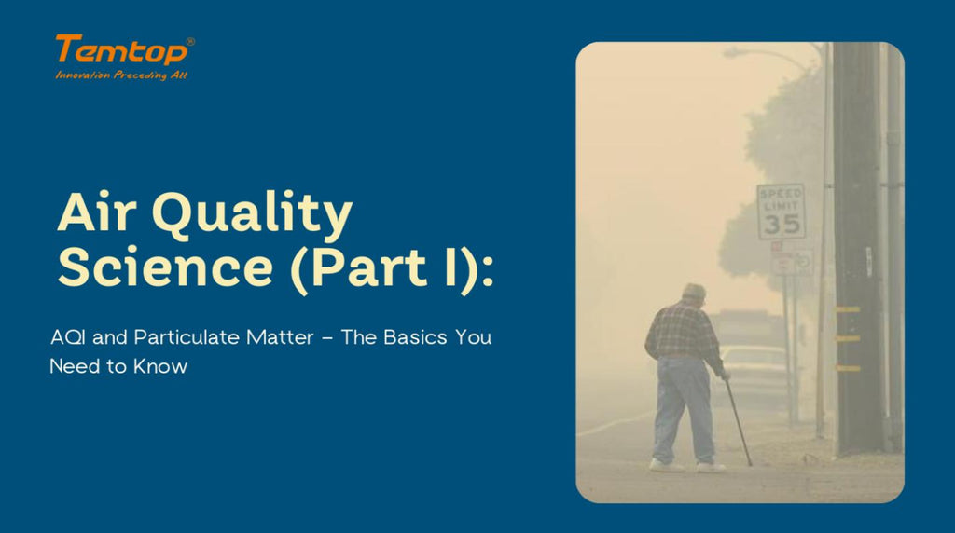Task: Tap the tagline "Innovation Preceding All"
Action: click(121, 75)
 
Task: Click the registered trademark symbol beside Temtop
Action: click(190, 42)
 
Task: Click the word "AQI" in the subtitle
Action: click(67, 337)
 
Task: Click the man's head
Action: click(693, 294)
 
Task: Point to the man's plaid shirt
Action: click(685, 332)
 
